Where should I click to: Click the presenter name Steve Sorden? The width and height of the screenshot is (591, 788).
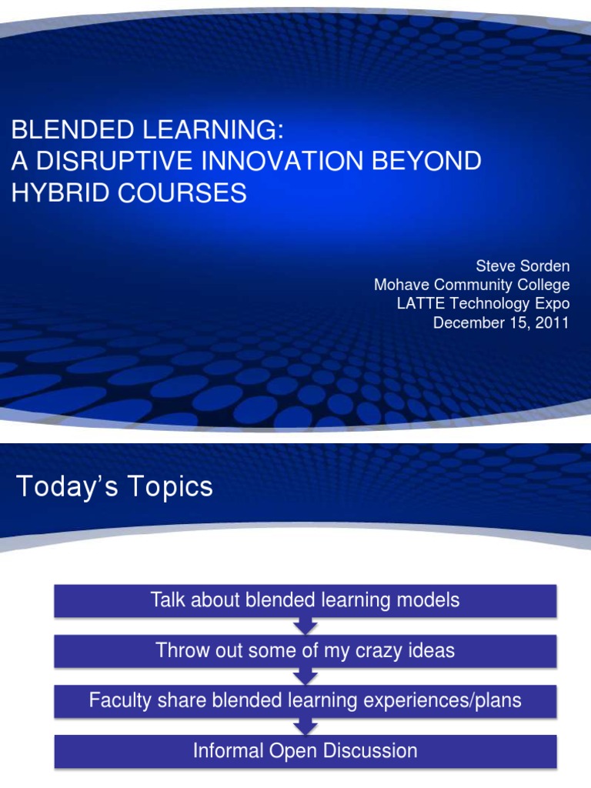pos(523,266)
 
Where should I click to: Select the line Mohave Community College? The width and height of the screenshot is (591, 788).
pos(472,285)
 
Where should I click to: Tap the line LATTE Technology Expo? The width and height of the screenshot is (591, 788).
pos(482,304)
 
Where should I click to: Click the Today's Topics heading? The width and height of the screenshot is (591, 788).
pos(114,486)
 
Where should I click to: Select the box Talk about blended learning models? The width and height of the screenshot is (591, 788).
pos(305,601)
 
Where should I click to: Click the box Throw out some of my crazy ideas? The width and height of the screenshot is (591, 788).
pos(305,651)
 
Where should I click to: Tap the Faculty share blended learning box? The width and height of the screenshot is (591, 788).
pos(305,701)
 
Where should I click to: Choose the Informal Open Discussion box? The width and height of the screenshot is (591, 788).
pos(305,751)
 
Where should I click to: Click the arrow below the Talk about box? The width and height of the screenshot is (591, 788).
pos(306,626)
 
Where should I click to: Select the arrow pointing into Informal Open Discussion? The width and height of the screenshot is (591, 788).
pos(306,726)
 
